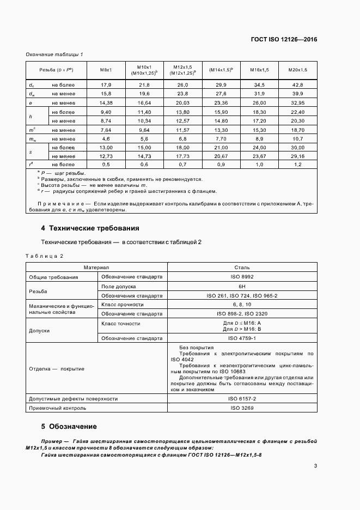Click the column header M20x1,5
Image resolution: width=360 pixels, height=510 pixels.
click(298, 70)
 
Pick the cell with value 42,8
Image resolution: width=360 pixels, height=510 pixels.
click(298, 85)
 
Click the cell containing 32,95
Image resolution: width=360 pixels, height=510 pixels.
click(298, 102)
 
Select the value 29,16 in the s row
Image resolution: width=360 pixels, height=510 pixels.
click(298, 156)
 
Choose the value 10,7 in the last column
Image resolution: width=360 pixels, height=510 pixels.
click(298, 138)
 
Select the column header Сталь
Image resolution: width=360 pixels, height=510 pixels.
click(242, 268)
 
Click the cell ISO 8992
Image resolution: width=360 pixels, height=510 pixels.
click(242, 277)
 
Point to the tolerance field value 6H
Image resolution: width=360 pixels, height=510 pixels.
click(242, 286)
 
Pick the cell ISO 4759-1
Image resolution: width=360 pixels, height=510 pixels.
click(242, 338)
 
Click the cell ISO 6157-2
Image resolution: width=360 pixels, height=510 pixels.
click(242, 399)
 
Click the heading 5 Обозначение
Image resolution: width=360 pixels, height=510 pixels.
click(69, 426)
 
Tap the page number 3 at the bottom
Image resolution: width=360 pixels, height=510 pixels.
click(315, 465)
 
